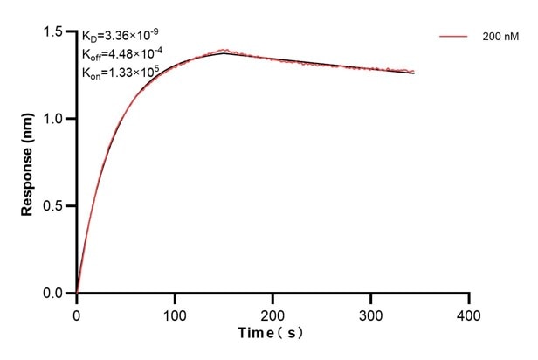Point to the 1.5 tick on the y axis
(x=58, y=32)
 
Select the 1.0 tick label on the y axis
(x=58, y=119)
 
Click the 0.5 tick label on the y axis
(x=58, y=206)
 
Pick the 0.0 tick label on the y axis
(x=58, y=294)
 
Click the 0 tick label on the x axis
(x=77, y=313)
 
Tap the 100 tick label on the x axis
(x=175, y=313)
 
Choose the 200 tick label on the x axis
(x=273, y=313)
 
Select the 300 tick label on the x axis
(x=371, y=313)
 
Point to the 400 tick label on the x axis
(x=470, y=313)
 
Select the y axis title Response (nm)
(x=29, y=163)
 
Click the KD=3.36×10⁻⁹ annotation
(x=119, y=37)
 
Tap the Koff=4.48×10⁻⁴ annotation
(x=121, y=54)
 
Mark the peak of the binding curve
(x=224, y=52)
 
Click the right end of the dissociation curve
(x=414, y=73)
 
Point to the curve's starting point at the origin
(x=77, y=293)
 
